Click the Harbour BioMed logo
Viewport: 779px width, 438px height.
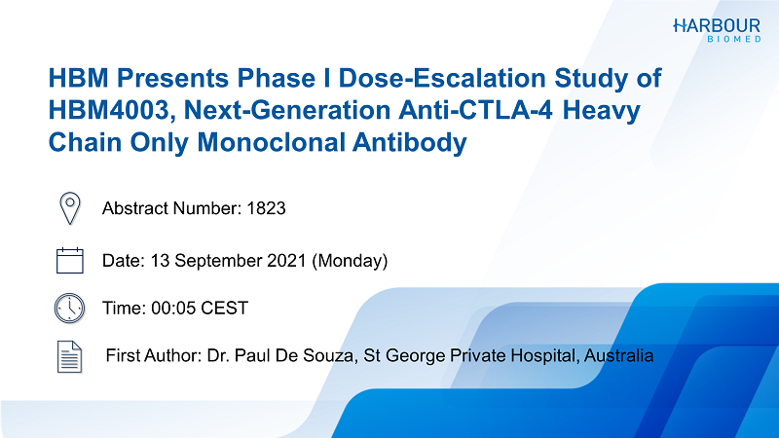[x=717, y=30]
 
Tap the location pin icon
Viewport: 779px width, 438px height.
[x=69, y=208]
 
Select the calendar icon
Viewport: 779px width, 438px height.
[x=69, y=260]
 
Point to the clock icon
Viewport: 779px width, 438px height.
[x=69, y=309]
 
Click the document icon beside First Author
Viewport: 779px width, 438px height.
[x=69, y=356]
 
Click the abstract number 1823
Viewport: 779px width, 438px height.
[x=266, y=208]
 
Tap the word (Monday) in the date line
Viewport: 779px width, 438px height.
[x=350, y=261]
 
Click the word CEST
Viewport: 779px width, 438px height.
[x=225, y=309]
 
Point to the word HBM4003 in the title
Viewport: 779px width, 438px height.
[x=109, y=111]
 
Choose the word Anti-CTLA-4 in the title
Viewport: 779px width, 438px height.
[x=475, y=110]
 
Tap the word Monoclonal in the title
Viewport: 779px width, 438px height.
[x=271, y=142]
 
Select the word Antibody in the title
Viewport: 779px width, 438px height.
[x=410, y=143]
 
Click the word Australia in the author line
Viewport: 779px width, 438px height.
[x=618, y=355]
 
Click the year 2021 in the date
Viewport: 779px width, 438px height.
[x=286, y=261]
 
